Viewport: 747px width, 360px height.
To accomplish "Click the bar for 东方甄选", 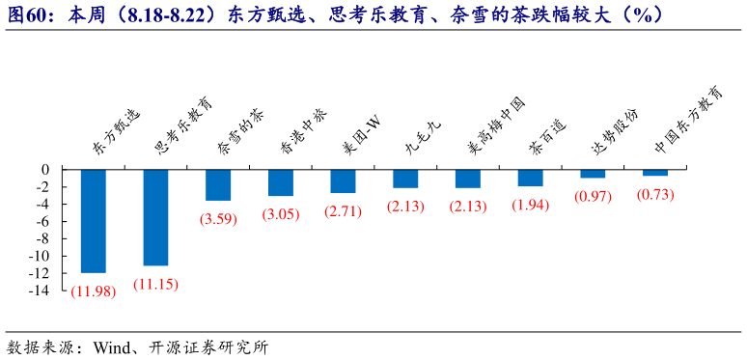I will click(94, 220).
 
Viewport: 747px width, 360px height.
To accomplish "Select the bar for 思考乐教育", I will click(155, 217).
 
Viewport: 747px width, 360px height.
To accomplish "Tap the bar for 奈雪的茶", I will click(218, 184).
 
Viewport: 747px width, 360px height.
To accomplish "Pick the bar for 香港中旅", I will click(281, 182).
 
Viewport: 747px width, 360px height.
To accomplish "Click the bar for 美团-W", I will click(343, 180).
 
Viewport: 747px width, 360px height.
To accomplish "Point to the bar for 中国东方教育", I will click(655, 172).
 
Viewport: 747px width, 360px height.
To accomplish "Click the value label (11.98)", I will click(94, 291).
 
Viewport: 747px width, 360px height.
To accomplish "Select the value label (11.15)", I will click(155, 284).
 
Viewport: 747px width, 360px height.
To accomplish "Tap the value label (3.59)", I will click(218, 219).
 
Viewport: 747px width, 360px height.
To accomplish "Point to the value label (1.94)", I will click(531, 205).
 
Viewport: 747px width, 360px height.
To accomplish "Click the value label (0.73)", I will click(655, 194).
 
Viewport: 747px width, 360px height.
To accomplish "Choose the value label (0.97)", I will click(593, 197).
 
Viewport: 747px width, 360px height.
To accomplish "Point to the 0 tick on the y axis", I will click(44, 169).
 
